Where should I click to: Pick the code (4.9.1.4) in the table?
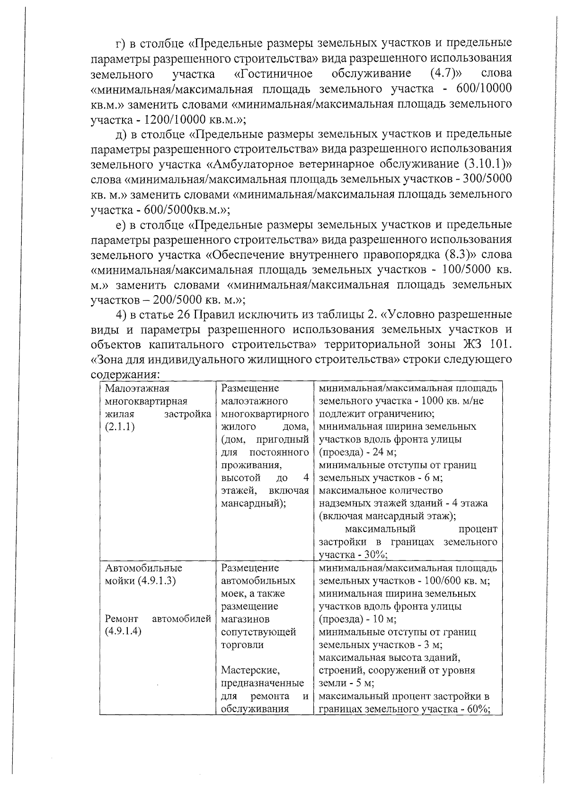tap(124, 632)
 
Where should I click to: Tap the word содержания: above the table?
tap(125, 374)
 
